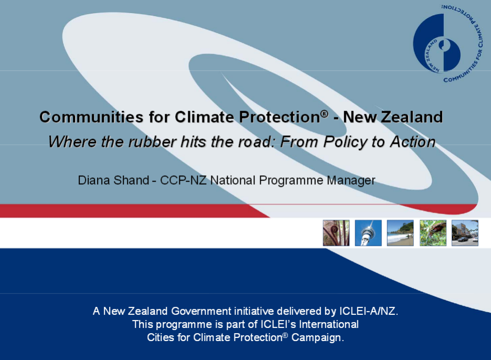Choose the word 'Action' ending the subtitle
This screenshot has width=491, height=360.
pyautogui.click(x=413, y=142)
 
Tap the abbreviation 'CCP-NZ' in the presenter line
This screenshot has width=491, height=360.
pyautogui.click(x=183, y=181)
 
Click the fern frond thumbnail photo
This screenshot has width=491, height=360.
pyautogui.click(x=336, y=233)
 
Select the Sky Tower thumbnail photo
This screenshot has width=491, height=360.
pyautogui.click(x=368, y=233)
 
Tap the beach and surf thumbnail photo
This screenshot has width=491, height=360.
pyautogui.click(x=400, y=233)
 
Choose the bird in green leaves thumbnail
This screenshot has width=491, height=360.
pyautogui.click(x=433, y=233)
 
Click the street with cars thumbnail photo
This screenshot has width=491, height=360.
pyautogui.click(x=465, y=233)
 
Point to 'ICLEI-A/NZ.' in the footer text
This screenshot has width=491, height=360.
pyautogui.click(x=369, y=311)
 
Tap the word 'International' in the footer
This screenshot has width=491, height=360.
pyautogui.click(x=329, y=324)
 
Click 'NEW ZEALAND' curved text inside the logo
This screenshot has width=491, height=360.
pyautogui.click(x=430, y=56)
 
